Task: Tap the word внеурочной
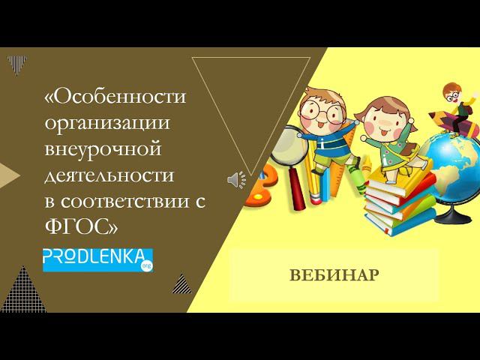103,149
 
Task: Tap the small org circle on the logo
148,264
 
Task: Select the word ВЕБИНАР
334,274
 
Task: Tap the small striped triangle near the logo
181,283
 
